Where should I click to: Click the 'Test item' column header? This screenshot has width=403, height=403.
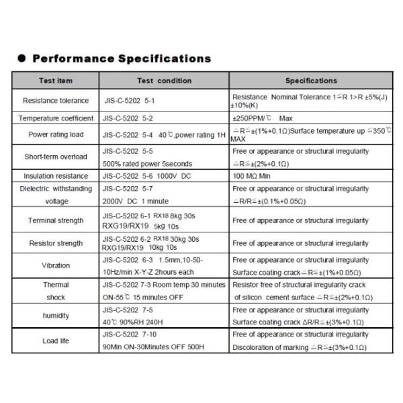point(56,81)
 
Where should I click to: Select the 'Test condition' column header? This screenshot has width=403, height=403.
point(164,81)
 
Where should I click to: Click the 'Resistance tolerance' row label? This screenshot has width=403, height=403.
point(56,101)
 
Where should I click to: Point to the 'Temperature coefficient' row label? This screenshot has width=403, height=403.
point(56,118)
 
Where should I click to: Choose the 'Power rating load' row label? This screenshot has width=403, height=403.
point(56,134)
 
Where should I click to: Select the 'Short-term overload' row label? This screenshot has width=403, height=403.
point(56,156)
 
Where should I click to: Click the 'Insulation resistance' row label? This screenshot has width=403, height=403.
point(56,176)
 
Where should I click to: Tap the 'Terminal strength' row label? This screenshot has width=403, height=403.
point(56,220)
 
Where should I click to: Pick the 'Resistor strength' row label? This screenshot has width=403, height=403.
point(56,243)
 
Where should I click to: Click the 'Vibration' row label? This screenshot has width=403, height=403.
point(56,265)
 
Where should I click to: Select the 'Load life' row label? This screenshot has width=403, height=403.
point(56,341)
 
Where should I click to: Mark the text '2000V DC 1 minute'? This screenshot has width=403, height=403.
point(135,201)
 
